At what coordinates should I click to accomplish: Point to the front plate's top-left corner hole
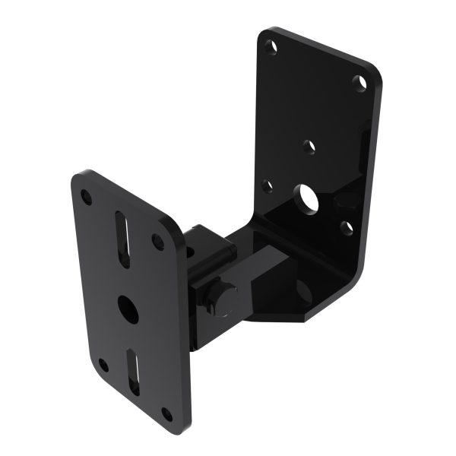(87, 197)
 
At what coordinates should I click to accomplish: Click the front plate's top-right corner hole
(159, 242)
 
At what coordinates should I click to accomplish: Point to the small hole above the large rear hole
(307, 144)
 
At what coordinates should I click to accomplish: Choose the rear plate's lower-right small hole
(347, 226)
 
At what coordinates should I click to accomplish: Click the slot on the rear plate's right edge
(363, 132)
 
